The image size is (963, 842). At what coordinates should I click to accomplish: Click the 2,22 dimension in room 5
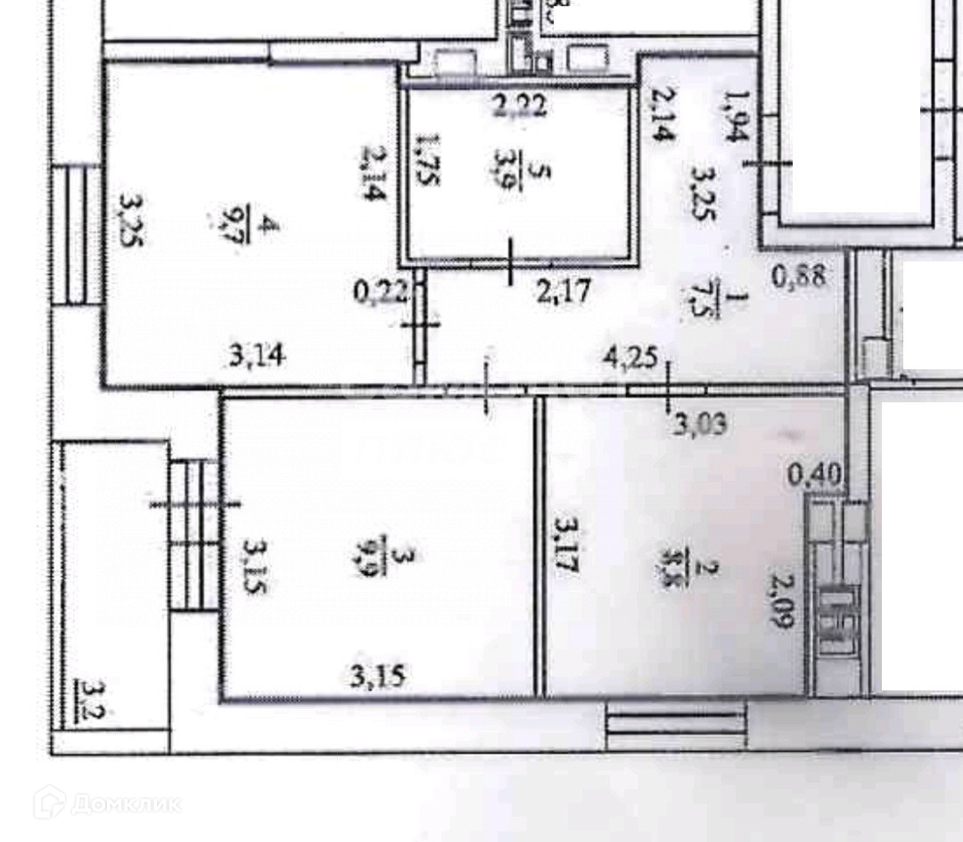(x=521, y=107)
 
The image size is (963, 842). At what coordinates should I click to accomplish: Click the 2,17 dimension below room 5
(x=564, y=291)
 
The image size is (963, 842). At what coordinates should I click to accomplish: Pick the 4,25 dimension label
(x=630, y=359)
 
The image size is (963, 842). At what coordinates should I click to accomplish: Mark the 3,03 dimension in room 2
(x=700, y=422)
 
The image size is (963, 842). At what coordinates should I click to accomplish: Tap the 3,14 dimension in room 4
(x=257, y=357)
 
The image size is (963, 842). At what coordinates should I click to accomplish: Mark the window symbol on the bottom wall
(x=675, y=723)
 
